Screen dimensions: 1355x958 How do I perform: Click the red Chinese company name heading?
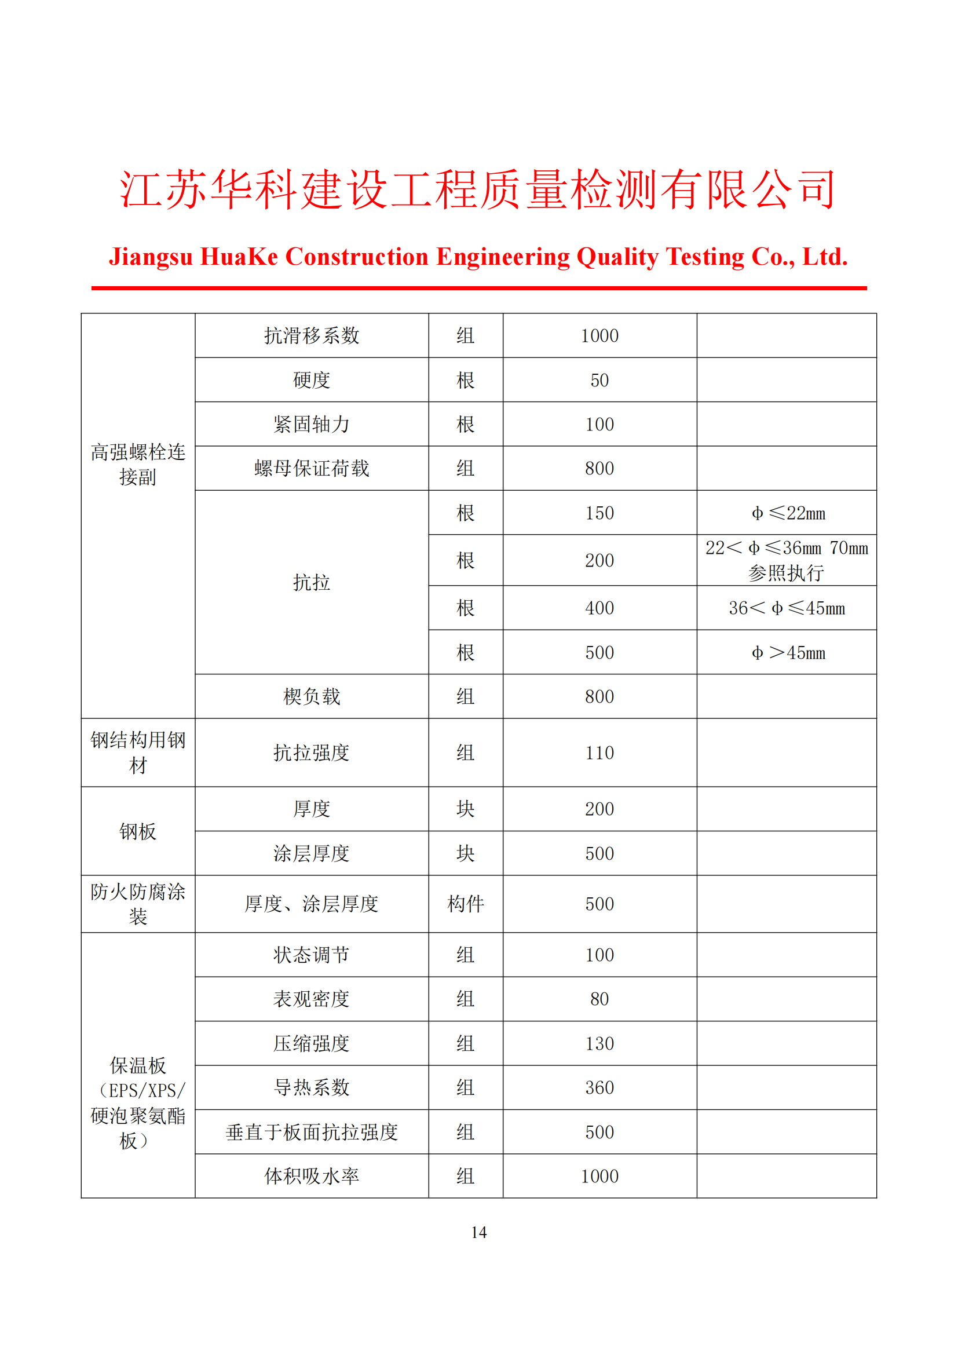[478, 189]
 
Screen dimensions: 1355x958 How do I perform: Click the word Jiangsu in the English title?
[151, 257]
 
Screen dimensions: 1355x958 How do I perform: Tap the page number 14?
[478, 1232]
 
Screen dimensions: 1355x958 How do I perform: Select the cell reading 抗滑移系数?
[312, 336]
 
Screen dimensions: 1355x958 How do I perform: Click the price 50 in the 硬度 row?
[599, 380]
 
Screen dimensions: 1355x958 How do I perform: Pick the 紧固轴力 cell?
[312, 424]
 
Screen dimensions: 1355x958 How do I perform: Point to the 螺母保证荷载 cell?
[312, 469]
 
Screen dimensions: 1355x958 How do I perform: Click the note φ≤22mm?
[788, 513]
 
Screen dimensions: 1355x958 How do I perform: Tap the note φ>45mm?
[788, 653]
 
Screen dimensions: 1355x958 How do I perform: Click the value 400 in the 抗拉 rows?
[599, 608]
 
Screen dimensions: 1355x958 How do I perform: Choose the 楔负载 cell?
[312, 696]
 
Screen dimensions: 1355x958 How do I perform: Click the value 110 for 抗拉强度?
[599, 753]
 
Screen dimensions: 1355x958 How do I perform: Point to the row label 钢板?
[137, 831]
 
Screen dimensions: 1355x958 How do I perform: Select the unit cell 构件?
[466, 904]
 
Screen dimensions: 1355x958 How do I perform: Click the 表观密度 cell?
[312, 999]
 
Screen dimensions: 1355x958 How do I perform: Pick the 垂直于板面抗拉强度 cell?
[312, 1132]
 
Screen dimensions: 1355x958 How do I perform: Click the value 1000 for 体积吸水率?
[599, 1176]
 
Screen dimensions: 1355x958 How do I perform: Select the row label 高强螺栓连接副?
[137, 465]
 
